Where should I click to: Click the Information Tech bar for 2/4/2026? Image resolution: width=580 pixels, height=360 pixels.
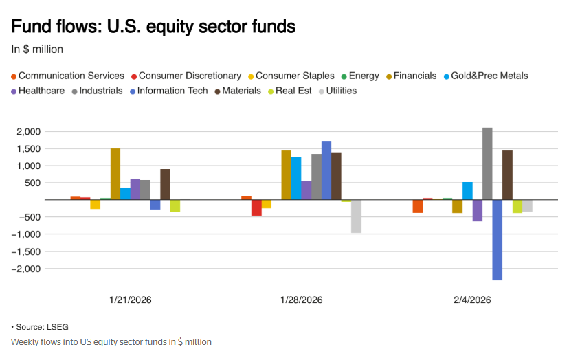click(x=497, y=240)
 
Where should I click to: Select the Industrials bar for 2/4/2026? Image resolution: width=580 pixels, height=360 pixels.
click(x=487, y=164)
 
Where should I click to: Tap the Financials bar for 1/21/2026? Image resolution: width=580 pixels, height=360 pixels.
click(x=115, y=174)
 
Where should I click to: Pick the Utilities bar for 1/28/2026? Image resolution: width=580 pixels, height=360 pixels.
click(x=356, y=216)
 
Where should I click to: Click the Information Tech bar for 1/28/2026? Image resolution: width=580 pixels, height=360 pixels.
click(x=326, y=170)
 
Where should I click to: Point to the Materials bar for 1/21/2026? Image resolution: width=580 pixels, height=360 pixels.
click(x=165, y=184)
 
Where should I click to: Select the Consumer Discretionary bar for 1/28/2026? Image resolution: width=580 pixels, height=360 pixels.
click(x=256, y=207)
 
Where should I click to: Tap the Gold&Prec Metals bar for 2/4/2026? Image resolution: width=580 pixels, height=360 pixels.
click(x=467, y=191)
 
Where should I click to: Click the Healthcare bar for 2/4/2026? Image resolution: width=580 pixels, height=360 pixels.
click(x=477, y=210)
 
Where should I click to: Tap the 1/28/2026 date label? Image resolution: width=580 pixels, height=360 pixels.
click(x=301, y=300)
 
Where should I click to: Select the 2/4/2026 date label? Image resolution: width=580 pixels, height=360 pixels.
click(x=472, y=300)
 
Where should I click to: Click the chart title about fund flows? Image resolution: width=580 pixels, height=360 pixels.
click(x=153, y=27)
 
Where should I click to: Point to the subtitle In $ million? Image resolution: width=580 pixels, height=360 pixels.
click(x=37, y=49)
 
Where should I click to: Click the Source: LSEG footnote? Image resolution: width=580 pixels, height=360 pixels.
click(x=41, y=327)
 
